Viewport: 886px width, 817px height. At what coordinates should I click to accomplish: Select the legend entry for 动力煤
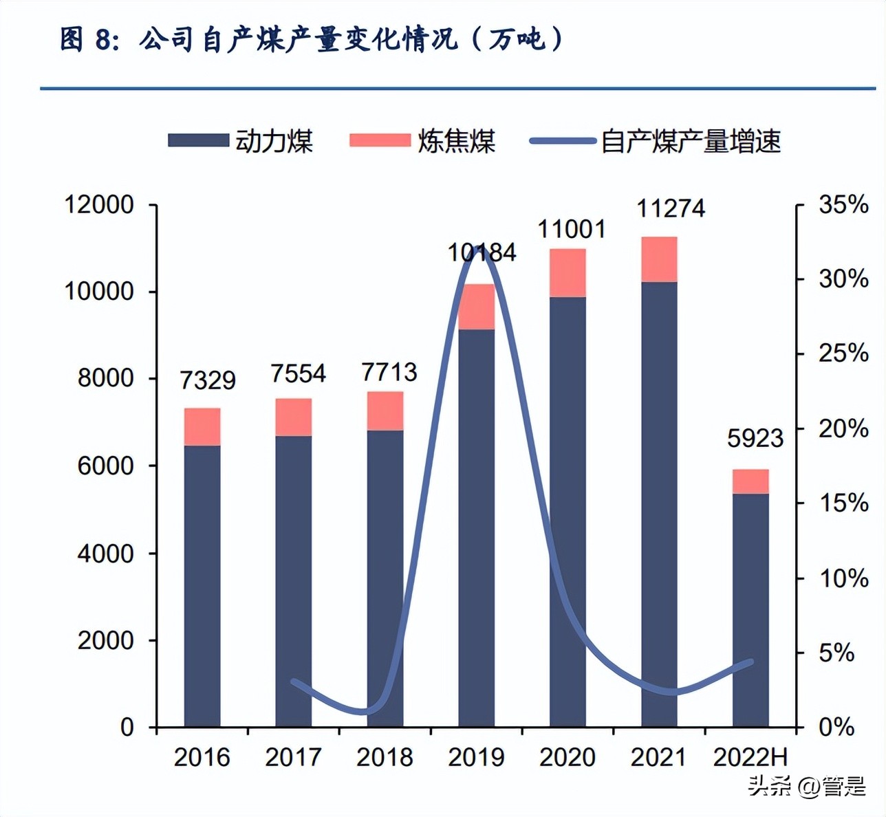(241, 141)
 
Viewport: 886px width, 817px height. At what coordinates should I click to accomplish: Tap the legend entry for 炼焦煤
(422, 141)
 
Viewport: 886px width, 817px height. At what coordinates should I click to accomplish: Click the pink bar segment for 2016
(202, 427)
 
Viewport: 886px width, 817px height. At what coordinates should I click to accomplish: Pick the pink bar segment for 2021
(659, 259)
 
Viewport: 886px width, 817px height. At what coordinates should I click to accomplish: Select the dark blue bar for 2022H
(750, 609)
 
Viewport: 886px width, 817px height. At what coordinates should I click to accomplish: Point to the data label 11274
(671, 208)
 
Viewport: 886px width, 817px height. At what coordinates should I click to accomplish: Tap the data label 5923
(755, 438)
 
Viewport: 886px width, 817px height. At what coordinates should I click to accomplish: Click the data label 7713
(389, 372)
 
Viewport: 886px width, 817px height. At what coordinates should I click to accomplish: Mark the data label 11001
(572, 229)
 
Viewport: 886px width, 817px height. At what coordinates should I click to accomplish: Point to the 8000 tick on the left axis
(105, 378)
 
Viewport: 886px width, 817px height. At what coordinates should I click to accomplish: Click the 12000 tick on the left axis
(98, 204)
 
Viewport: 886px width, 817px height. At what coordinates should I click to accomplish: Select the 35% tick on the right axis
(843, 204)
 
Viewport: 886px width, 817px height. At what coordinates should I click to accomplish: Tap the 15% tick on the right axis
(843, 503)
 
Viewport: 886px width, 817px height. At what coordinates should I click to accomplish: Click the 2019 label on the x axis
(476, 757)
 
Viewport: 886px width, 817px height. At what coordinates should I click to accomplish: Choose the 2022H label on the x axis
(750, 757)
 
